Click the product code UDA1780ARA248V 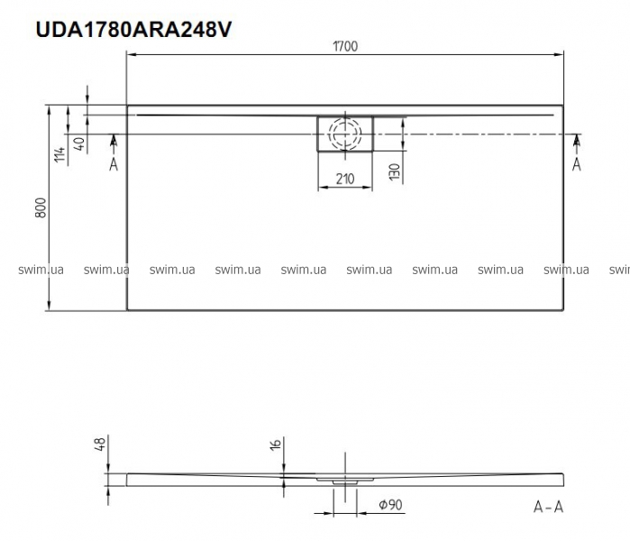(133, 30)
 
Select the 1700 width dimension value (345, 47)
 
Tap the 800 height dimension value (41, 207)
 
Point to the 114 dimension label (59, 154)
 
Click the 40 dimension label (80, 144)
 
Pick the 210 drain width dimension (345, 179)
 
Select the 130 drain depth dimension (395, 171)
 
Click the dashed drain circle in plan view (344, 133)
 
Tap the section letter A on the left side (114, 164)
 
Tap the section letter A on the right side (577, 164)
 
